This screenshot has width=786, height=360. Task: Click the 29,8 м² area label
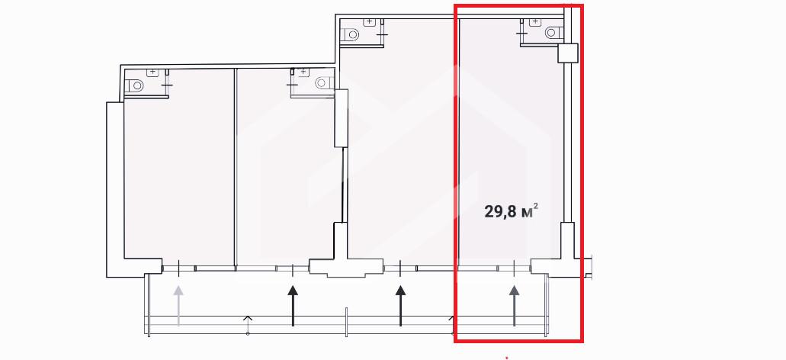512,211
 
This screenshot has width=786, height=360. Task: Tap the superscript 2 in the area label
537,206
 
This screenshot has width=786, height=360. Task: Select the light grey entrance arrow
178,305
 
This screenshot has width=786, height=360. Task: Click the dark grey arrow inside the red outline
515,305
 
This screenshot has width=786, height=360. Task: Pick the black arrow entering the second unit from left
293,305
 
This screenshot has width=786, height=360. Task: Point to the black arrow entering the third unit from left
400,305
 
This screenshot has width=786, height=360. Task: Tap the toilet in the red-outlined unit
553,33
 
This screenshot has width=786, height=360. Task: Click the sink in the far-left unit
152,72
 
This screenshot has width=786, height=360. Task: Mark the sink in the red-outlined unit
535,21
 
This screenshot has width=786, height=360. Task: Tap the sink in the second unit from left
303,72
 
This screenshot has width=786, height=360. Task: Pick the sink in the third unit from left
370,21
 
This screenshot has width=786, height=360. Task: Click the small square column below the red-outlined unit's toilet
568,53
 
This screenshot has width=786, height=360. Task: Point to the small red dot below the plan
507,358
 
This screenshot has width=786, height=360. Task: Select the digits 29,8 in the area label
500,211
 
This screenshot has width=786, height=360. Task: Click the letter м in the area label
526,213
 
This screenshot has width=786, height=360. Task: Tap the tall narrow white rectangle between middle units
342,117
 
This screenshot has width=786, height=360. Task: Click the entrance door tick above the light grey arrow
178,268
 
